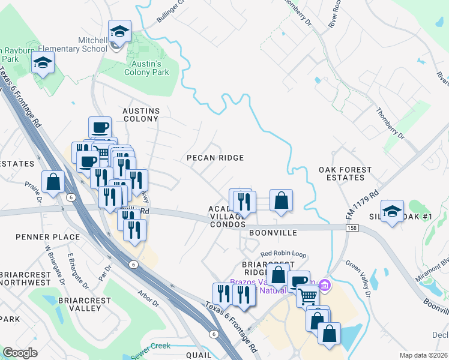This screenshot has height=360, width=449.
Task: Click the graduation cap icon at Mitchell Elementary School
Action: pos(119,32)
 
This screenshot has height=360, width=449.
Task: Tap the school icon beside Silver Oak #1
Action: pos(392,211)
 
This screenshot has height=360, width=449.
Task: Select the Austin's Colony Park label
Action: pos(146,67)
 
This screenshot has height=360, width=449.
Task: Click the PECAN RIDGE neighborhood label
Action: pos(215,158)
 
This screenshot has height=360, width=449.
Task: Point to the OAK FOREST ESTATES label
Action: pos(345,174)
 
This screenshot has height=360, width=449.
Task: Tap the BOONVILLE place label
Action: pos(273,232)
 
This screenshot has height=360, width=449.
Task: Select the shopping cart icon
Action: pos(307,295)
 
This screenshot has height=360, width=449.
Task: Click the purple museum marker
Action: pos(325,285)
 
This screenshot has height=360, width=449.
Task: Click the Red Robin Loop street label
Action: pos(283,254)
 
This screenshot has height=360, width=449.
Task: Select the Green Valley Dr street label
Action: pos(359,278)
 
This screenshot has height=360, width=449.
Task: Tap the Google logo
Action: pos(20,353)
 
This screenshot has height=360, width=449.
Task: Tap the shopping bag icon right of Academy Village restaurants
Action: pos(281,201)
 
